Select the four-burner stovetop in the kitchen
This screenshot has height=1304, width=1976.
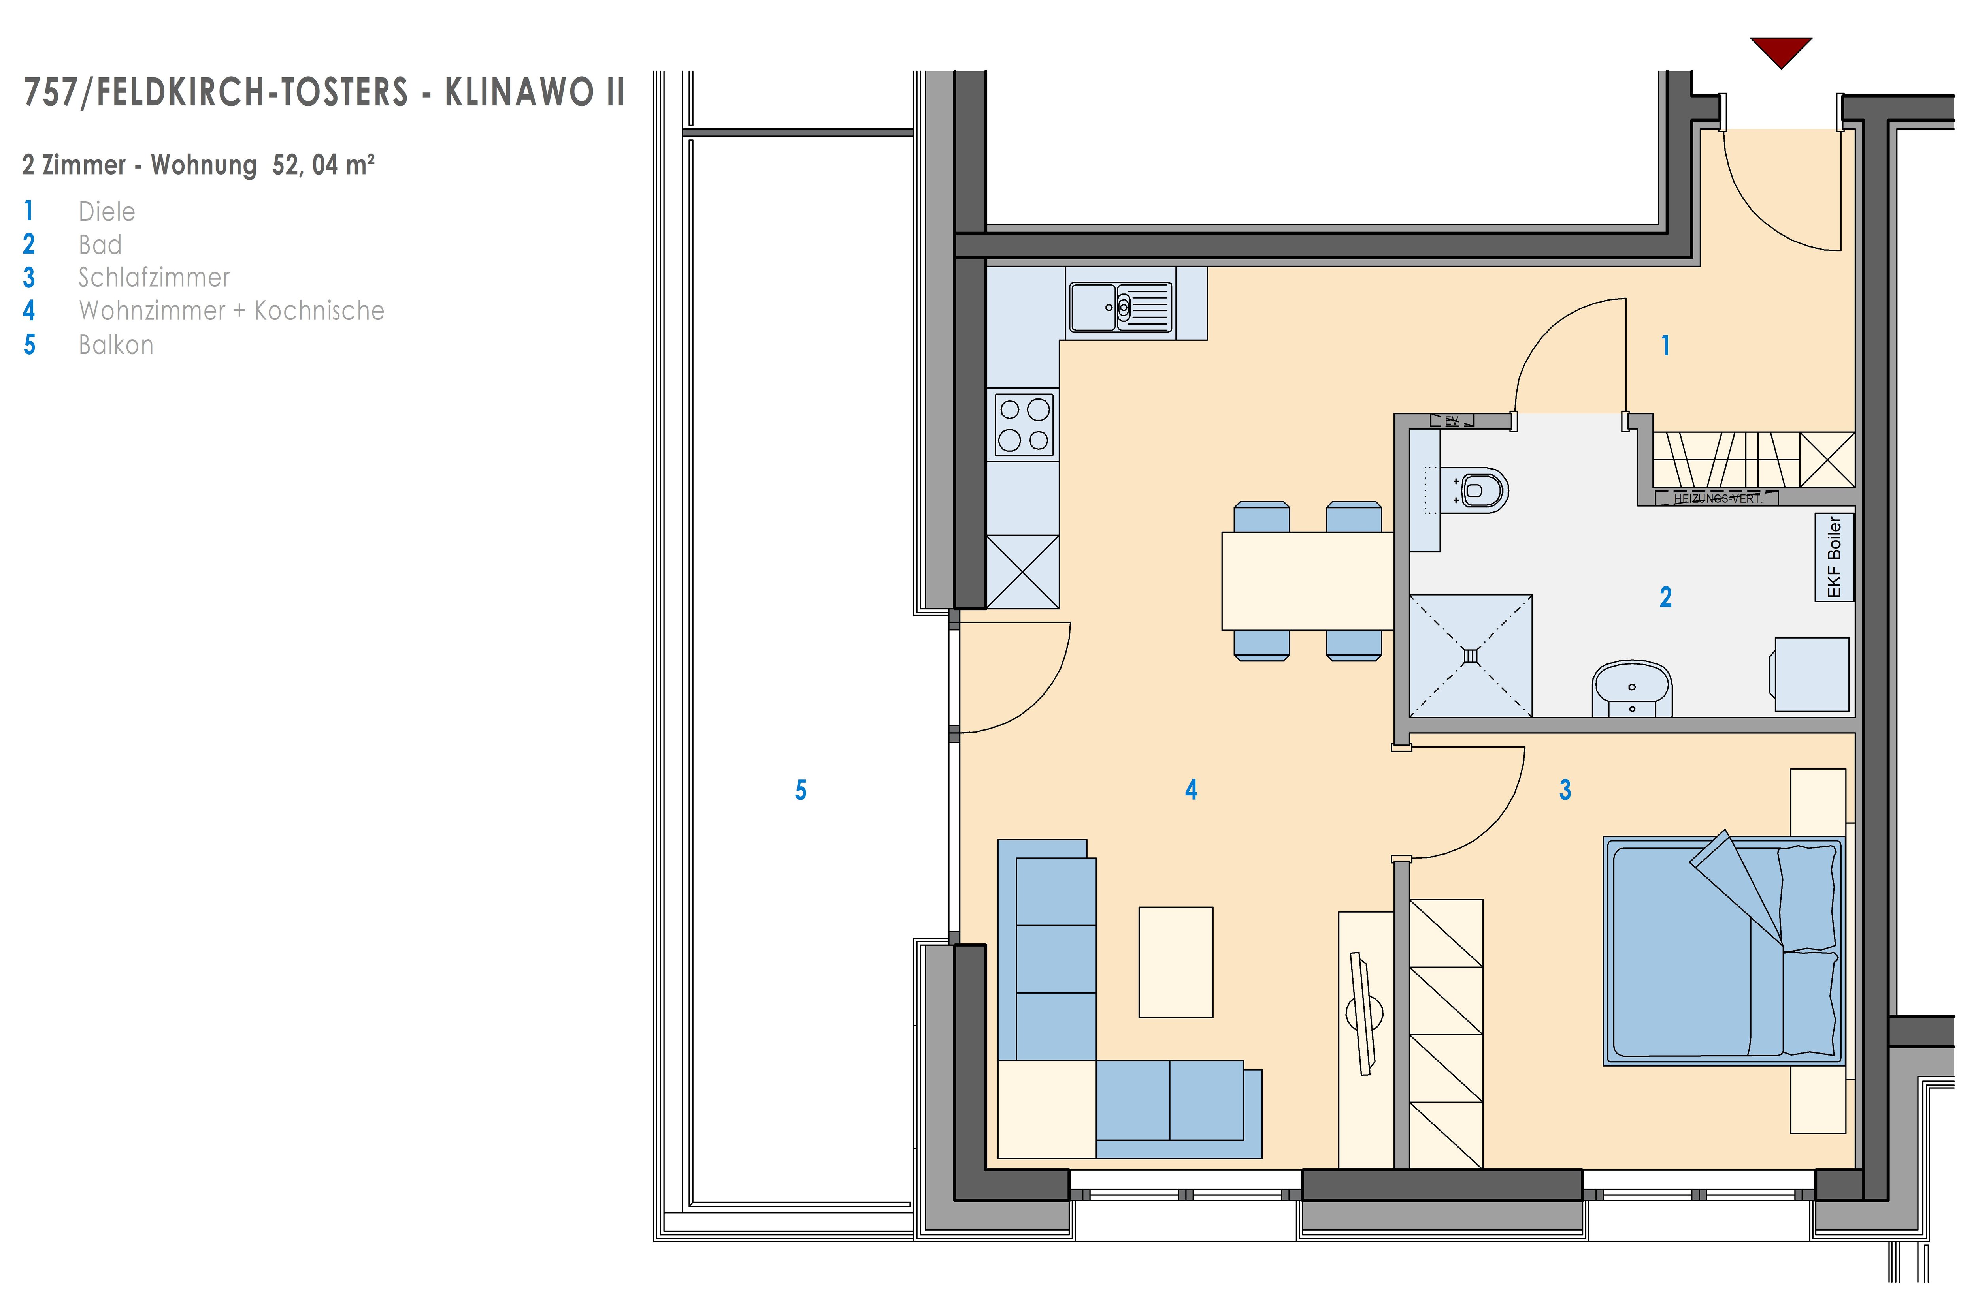[1024, 424]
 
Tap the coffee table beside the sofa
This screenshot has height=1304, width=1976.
[1176, 962]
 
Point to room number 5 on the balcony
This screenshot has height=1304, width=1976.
[800, 790]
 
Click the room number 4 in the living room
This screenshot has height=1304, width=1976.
[1192, 790]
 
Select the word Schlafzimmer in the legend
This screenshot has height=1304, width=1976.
[154, 278]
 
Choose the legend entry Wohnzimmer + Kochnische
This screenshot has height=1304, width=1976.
[231, 311]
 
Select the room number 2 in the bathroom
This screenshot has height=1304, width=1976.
[1666, 597]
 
